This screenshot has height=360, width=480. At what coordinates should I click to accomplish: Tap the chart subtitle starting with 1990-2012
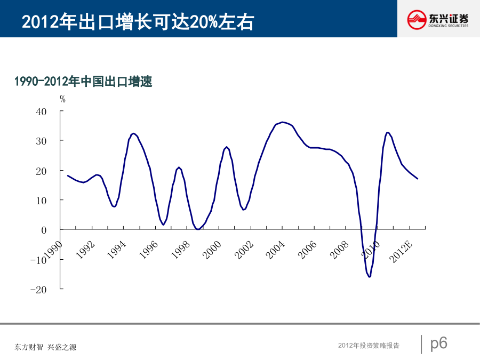coord(83,82)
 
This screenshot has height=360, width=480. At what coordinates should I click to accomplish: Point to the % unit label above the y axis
coord(62,99)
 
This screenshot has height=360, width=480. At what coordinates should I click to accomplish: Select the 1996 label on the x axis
coord(149,250)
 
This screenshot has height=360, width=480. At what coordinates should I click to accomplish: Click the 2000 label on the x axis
coord(212,250)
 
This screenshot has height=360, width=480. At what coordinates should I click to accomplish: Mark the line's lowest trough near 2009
coord(369,276)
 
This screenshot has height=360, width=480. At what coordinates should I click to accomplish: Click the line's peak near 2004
coord(282,122)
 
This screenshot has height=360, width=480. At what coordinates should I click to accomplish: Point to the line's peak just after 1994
coord(133,133)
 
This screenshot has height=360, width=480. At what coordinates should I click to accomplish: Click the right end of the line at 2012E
coord(417,179)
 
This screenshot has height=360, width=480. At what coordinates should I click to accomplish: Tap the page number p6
coord(438,343)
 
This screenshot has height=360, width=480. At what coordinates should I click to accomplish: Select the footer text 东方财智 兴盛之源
coord(46,347)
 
